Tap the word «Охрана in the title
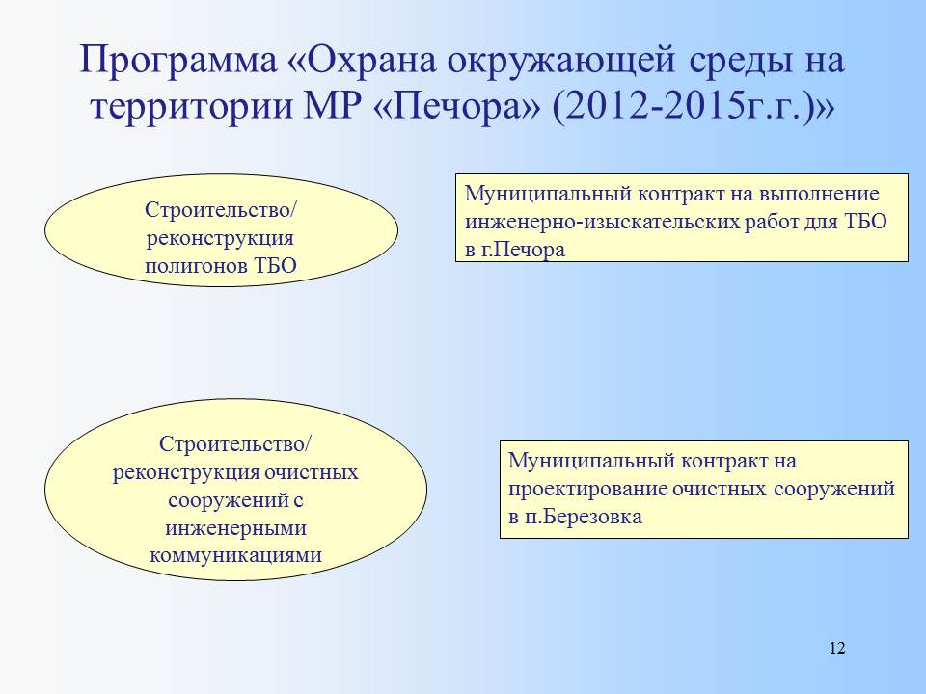[x=367, y=59]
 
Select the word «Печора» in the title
[x=457, y=107]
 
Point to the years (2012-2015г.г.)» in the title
[x=694, y=109]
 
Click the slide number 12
[x=837, y=648]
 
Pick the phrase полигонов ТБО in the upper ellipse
[x=221, y=266]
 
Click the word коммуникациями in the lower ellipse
[x=235, y=555]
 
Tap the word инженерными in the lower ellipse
[x=235, y=527]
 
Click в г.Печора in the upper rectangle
[x=515, y=251]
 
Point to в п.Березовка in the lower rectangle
[x=575, y=517]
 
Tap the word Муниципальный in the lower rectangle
[x=591, y=461]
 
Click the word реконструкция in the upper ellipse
[x=220, y=238]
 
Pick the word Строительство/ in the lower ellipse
[x=235, y=444]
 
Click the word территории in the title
[x=192, y=109]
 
